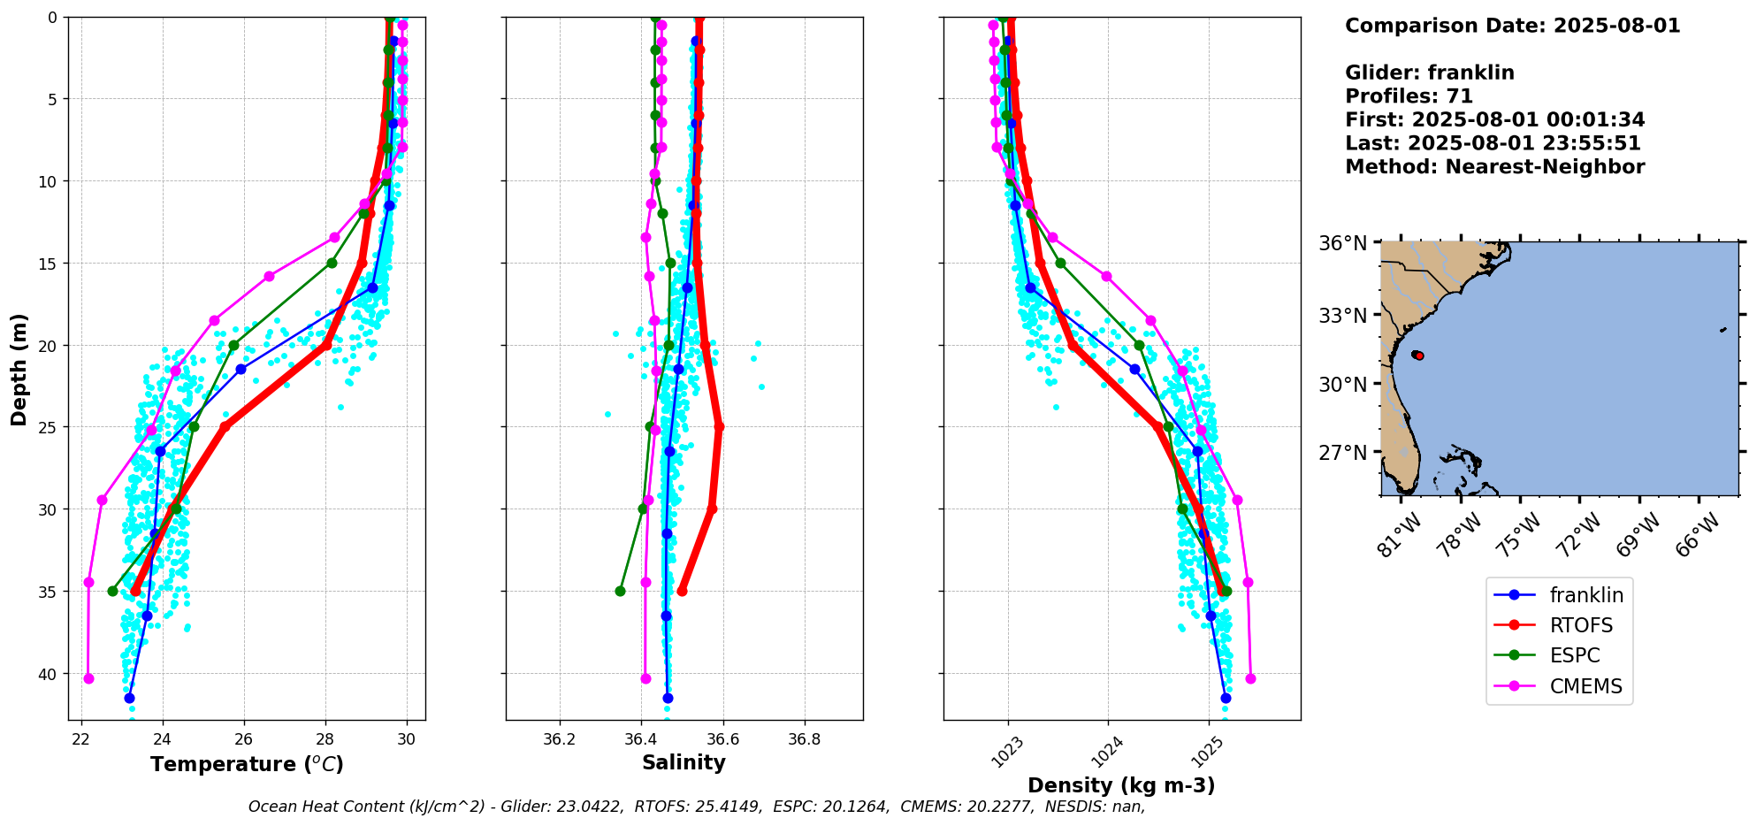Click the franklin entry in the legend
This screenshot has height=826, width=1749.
tap(1585, 595)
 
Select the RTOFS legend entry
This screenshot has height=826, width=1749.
tap(1581, 625)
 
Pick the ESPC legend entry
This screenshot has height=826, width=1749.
tap(1575, 655)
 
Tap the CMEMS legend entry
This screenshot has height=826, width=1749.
tap(1585, 686)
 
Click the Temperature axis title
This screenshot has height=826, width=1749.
tap(247, 764)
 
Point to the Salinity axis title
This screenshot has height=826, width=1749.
tap(684, 762)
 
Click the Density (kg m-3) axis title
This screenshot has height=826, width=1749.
tap(1121, 785)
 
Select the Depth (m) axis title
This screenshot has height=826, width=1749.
tap(19, 369)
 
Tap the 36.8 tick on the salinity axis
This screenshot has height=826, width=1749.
tap(804, 738)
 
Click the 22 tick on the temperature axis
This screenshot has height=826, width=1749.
tap(81, 738)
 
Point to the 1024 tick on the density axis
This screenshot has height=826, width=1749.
tap(1106, 752)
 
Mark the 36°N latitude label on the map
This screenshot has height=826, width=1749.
tap(1342, 243)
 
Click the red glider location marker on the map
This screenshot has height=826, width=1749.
tap(1419, 356)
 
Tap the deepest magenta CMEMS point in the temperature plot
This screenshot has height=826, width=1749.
tap(88, 678)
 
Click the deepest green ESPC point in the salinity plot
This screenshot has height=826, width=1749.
tap(620, 591)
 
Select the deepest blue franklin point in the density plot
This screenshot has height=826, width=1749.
tap(1226, 698)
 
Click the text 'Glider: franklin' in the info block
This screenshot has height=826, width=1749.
tap(1429, 73)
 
